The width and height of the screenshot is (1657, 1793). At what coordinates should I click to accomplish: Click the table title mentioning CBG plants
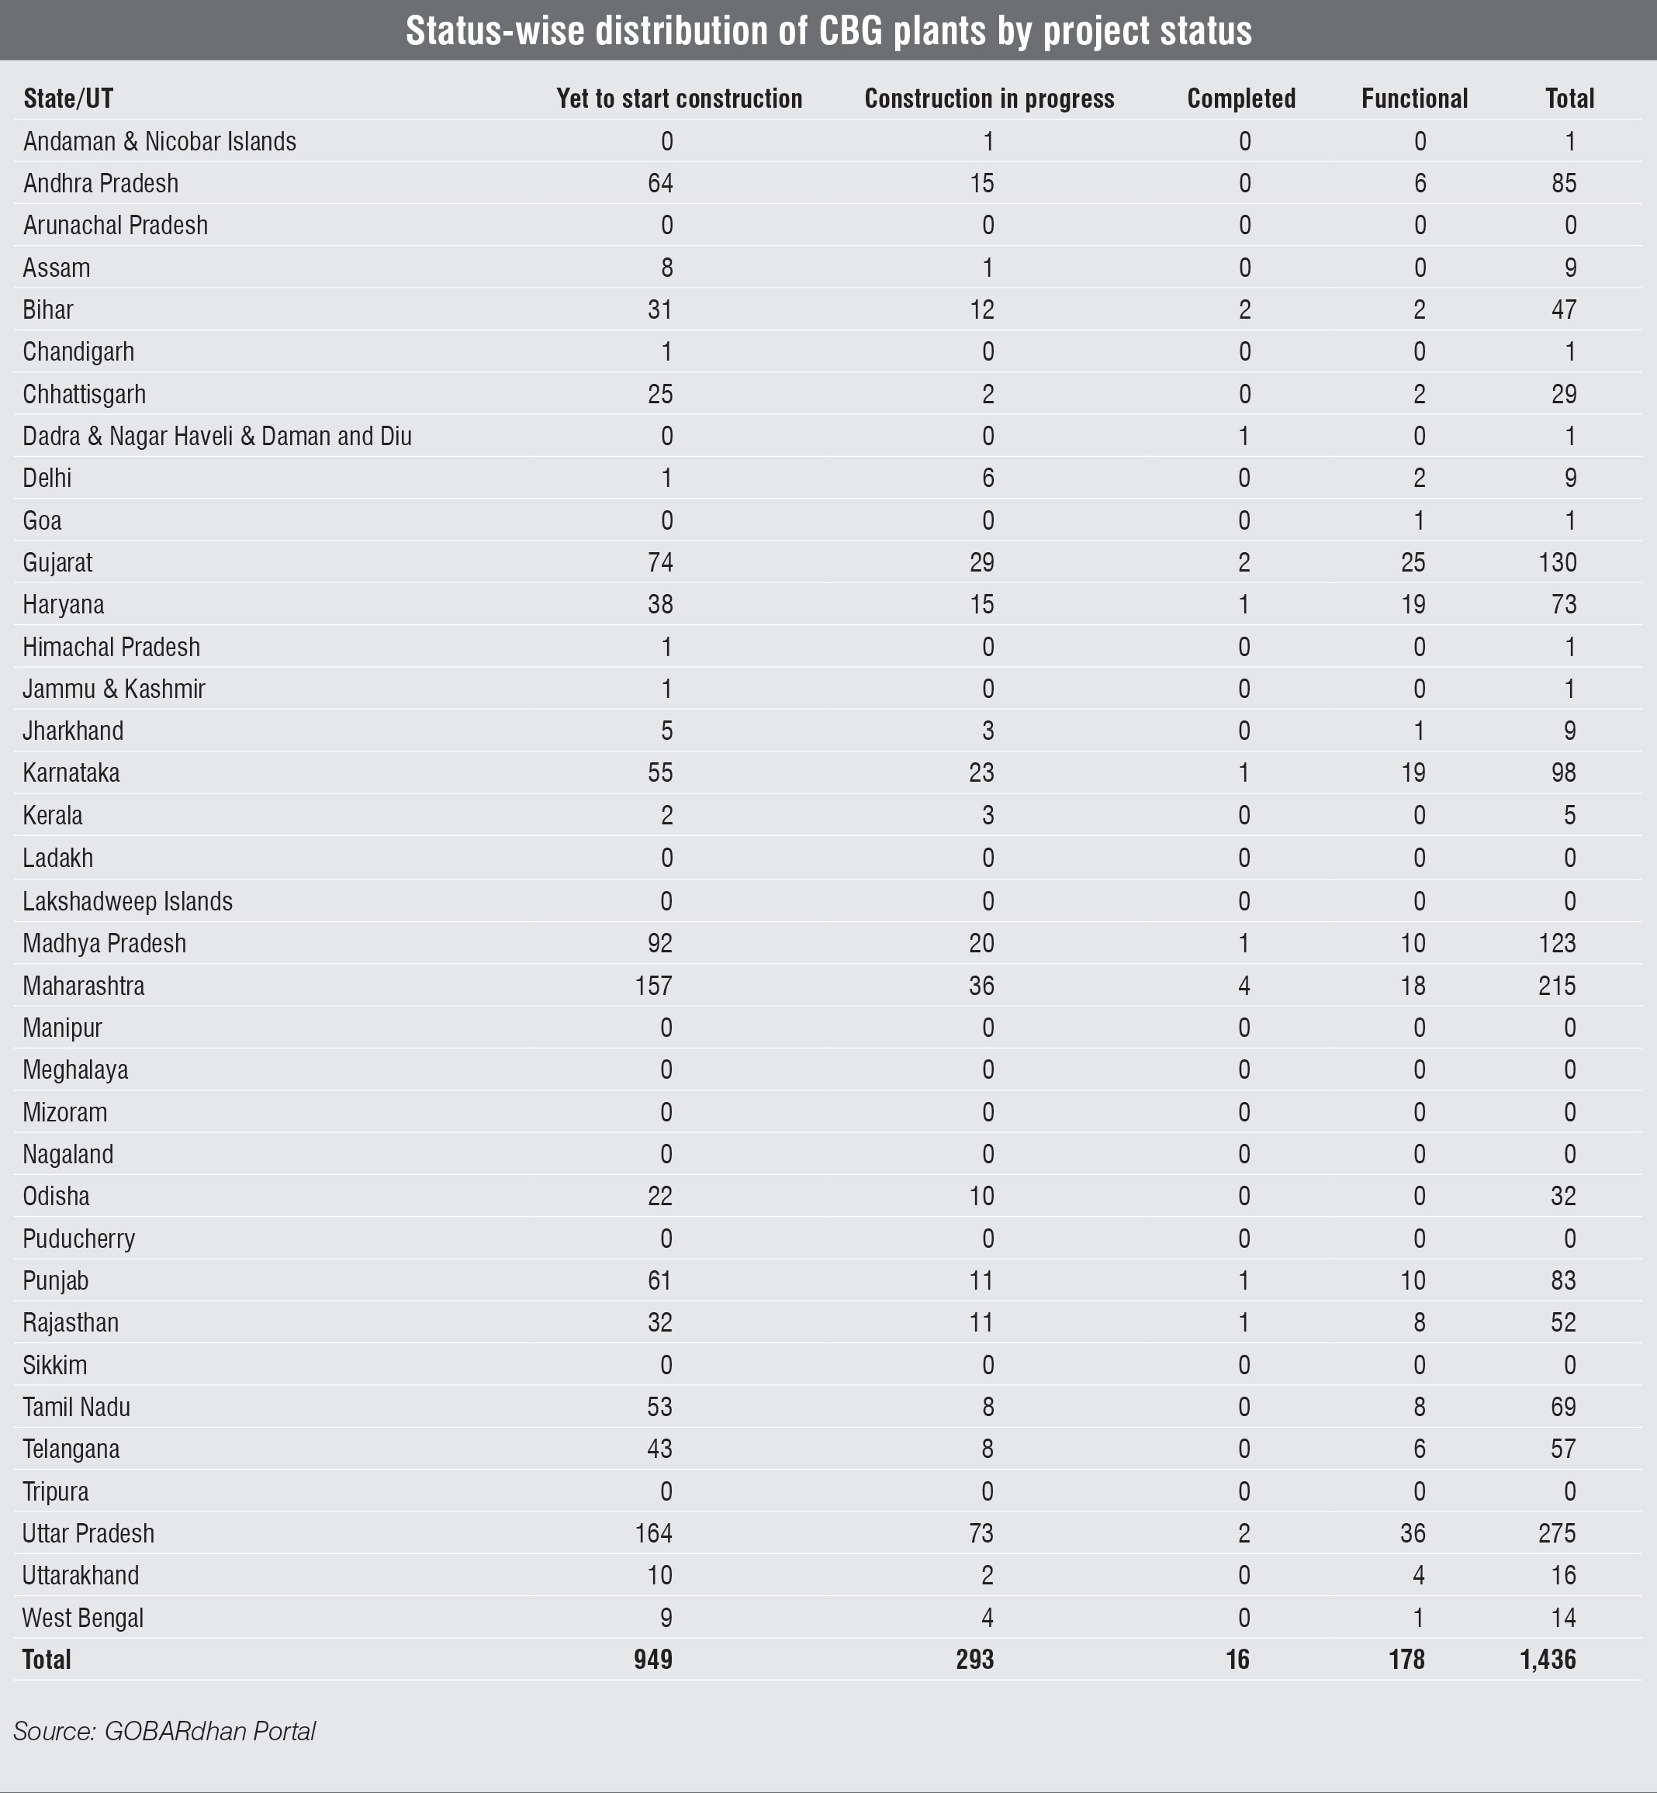828,30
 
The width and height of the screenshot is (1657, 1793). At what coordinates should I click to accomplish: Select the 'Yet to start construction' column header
679,98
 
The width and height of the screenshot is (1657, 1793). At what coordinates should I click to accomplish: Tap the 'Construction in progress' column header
989,98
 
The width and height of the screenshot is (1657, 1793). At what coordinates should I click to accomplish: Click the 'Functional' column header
1414,98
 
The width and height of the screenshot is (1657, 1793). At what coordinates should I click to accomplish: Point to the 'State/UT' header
68,98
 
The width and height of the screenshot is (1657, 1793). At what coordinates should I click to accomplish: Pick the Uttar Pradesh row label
88,1533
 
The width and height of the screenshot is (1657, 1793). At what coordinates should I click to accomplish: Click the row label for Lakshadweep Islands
127,901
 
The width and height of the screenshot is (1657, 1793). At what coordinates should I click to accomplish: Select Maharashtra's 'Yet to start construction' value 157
654,985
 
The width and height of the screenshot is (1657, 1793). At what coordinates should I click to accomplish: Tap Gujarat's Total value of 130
1558,562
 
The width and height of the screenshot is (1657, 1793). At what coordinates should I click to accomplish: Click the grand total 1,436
1548,1660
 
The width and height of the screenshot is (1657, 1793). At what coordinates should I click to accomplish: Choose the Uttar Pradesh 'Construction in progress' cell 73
982,1533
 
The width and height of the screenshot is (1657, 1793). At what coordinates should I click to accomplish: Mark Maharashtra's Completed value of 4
1244,985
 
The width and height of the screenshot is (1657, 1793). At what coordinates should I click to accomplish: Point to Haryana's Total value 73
1564,604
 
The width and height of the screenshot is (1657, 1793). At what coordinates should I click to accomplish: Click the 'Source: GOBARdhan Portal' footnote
164,1730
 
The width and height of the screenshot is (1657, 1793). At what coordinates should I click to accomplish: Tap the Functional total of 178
1407,1660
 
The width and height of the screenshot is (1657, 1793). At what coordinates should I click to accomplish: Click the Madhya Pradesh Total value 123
1558,943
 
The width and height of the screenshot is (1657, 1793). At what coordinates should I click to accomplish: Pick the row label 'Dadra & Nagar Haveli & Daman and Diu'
217,436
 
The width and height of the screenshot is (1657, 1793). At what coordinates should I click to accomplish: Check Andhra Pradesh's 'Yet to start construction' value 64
660,183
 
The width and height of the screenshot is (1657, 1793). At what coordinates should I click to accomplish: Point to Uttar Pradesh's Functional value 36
1413,1533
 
